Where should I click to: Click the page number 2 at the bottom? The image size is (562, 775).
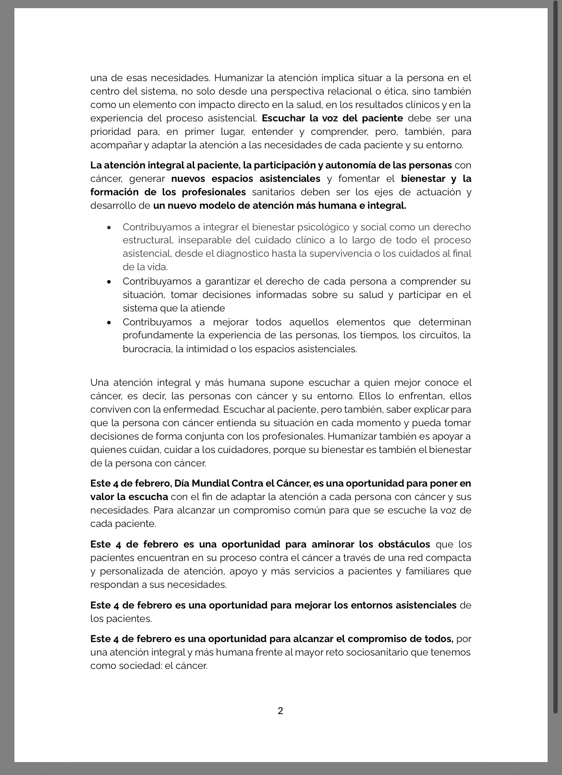click(x=281, y=711)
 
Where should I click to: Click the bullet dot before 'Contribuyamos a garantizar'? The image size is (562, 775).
click(x=110, y=282)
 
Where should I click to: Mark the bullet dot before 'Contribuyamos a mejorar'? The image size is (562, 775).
click(x=110, y=322)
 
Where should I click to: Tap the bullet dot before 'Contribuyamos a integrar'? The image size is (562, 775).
click(x=110, y=227)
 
